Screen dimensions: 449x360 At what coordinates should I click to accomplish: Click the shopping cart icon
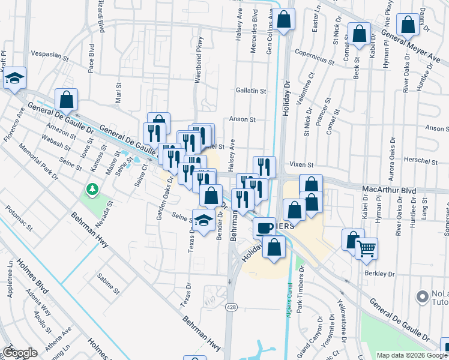click(x=366, y=247)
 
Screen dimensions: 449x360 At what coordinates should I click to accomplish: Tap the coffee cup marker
click(x=264, y=227)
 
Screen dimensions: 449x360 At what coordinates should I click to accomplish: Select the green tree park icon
click(x=92, y=190)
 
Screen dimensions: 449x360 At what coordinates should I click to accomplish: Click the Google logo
click(x=20, y=353)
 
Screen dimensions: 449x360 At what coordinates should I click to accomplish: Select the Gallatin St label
click(x=251, y=91)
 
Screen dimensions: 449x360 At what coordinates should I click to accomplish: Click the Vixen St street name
click(x=302, y=164)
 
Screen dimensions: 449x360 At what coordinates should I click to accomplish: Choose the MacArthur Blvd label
click(x=389, y=190)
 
